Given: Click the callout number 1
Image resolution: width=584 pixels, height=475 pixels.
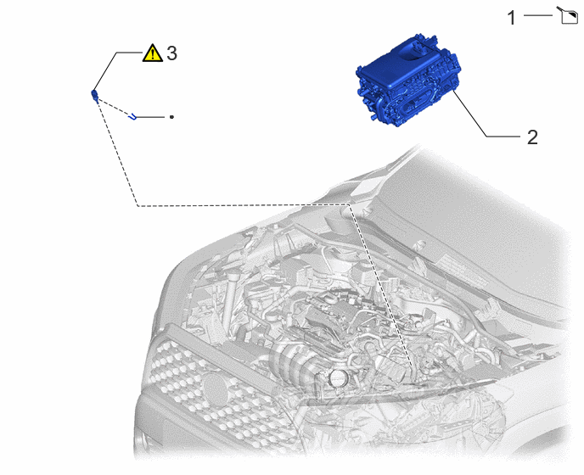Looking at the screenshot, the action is pyautogui.click(x=511, y=18).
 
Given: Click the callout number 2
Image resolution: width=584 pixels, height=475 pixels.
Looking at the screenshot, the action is pyautogui.click(x=532, y=137).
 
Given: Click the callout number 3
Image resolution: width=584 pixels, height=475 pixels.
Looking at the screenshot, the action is pyautogui.click(x=171, y=53).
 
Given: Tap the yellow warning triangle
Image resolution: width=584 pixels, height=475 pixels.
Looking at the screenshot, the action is pyautogui.click(x=152, y=53).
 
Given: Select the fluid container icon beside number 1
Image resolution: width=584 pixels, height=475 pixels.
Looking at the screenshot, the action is pyautogui.click(x=568, y=15).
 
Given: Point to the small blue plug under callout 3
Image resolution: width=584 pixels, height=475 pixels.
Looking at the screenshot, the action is pyautogui.click(x=94, y=95).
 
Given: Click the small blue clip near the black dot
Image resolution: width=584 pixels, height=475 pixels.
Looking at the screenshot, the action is pyautogui.click(x=132, y=117).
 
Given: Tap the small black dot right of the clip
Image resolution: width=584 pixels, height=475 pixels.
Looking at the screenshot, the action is pyautogui.click(x=171, y=117).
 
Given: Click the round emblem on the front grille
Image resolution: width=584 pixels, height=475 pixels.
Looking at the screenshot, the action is pyautogui.click(x=216, y=390).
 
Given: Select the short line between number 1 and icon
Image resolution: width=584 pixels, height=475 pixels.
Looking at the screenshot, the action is pyautogui.click(x=538, y=15).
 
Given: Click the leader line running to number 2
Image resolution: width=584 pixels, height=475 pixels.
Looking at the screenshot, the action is pyautogui.click(x=486, y=114).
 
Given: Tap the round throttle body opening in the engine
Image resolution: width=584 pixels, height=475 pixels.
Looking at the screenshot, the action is pyautogui.click(x=338, y=378).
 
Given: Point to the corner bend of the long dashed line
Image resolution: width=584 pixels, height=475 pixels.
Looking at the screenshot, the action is pyautogui.click(x=138, y=205).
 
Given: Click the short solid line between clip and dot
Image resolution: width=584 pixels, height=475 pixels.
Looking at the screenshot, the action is pyautogui.click(x=150, y=117).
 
